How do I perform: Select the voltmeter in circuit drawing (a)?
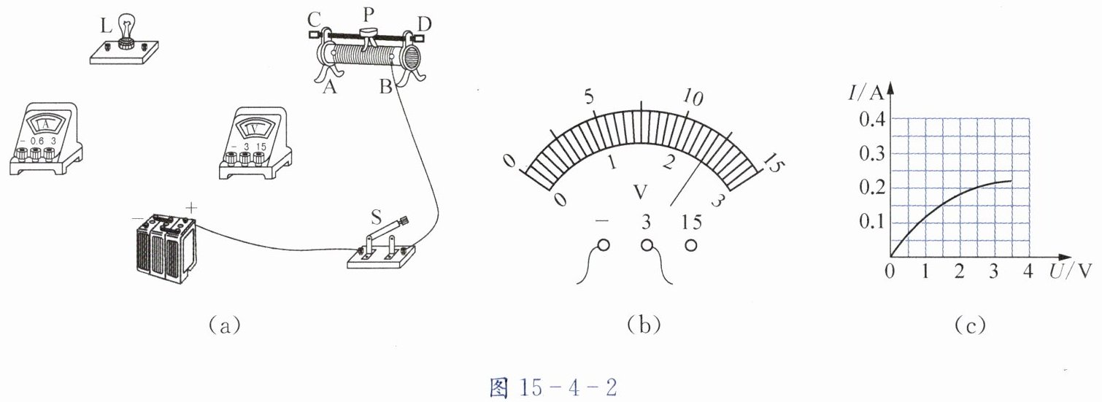click(255, 143)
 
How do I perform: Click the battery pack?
click(166, 249)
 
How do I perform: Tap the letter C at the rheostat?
click(314, 20)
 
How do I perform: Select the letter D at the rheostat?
click(423, 23)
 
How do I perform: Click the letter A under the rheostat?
click(330, 87)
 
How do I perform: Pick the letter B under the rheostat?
click(385, 87)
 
